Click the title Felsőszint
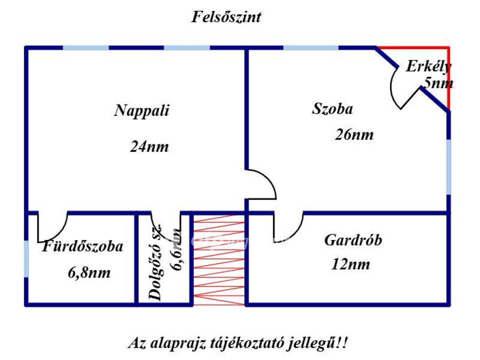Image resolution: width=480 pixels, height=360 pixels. point(226,17)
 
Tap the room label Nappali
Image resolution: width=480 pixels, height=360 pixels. point(142,111)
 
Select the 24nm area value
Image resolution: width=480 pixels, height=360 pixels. point(150,146)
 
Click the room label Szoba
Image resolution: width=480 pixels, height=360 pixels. point(332,109)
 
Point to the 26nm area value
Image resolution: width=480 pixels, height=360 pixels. point(354,135)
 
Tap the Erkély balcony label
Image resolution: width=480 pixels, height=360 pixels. point(428,67)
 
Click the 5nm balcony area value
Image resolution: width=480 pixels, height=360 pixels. point(438,83)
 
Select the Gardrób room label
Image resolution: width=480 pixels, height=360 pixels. point(353,240)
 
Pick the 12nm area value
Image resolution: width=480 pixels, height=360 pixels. point(351,264)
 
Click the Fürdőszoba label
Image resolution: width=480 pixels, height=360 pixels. point(82,247)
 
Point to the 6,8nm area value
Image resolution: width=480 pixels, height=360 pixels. point(89,272)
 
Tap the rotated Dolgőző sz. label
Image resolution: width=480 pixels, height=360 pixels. point(155,262)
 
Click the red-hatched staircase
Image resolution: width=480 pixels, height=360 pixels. point(219,260)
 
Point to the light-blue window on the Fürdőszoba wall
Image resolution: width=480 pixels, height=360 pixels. point(26,259)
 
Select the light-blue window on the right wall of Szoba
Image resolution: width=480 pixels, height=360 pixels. point(449,167)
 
